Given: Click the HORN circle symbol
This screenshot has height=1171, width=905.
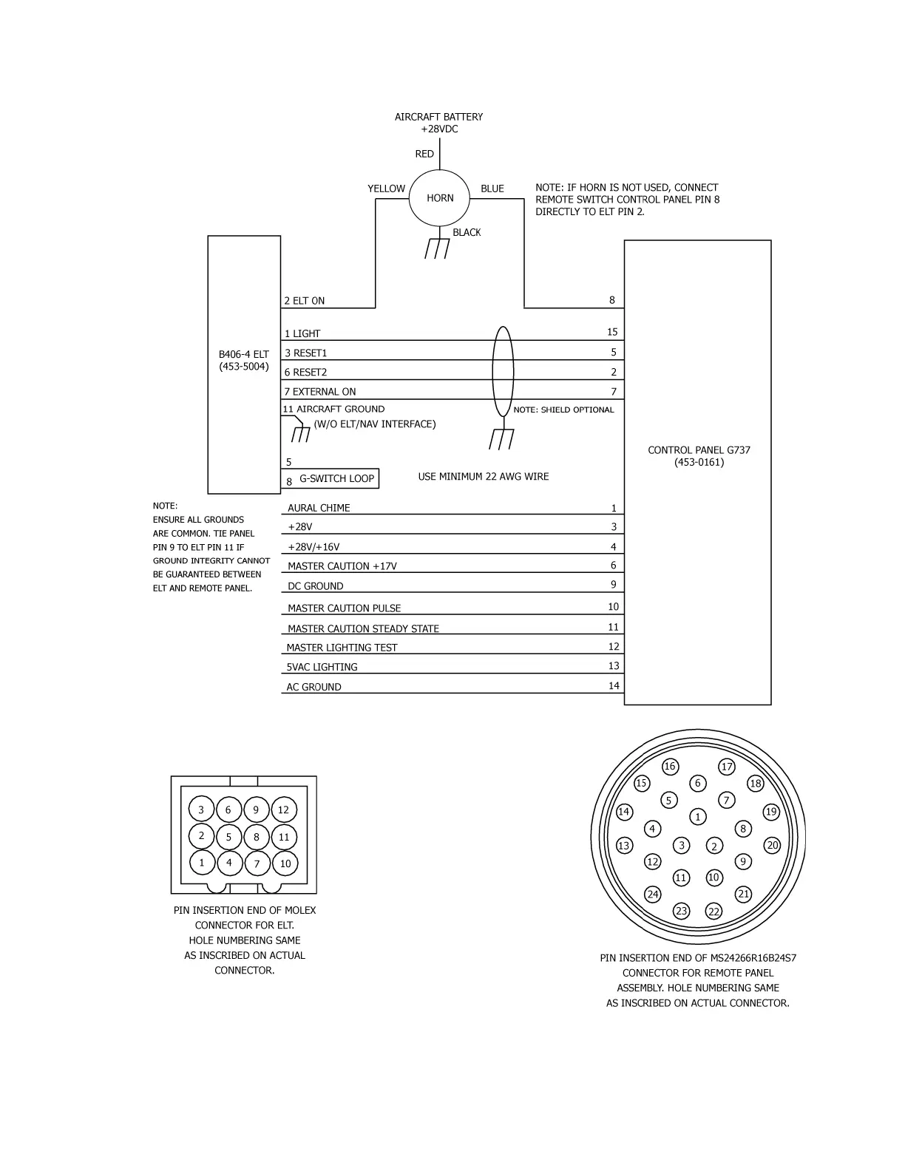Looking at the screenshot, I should [440, 197].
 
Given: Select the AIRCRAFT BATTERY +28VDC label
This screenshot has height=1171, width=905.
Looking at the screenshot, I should [438, 123].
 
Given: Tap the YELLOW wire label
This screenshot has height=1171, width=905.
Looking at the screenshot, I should [386, 189].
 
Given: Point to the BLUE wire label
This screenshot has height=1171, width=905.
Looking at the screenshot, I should [492, 189].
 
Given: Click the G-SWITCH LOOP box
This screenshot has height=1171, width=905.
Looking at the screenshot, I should [336, 478].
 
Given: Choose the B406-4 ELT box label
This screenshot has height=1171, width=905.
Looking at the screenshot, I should [244, 360].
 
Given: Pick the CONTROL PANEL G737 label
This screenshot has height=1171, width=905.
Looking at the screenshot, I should [699, 456].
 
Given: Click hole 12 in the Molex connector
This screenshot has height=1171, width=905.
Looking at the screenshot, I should [283, 809].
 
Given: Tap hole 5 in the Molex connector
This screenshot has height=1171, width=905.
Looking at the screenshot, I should [229, 837].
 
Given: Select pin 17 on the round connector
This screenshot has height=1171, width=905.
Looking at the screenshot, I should [727, 767].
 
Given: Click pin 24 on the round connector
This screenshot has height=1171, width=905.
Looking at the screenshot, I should [652, 895].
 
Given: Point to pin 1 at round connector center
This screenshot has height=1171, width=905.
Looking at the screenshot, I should [698, 817].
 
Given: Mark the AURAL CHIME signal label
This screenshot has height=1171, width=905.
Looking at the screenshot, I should [319, 508].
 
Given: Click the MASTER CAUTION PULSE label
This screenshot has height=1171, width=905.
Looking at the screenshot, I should [344, 608].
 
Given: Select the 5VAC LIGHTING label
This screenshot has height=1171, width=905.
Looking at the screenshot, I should [322, 667].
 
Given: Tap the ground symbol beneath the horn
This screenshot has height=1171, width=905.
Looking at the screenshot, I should [437, 248].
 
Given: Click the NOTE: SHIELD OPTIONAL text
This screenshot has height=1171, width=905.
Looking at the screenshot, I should [563, 410].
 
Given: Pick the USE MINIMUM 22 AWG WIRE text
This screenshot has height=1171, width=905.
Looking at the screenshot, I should [484, 477].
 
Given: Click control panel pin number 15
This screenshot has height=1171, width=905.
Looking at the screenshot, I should [612, 332].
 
